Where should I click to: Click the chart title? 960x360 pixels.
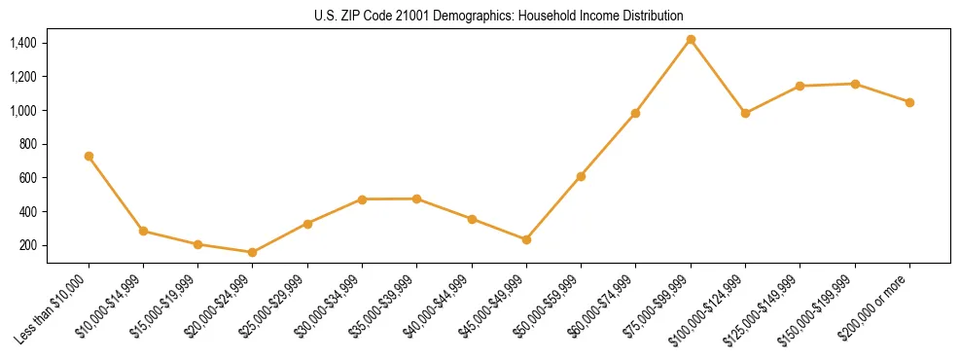click(498, 16)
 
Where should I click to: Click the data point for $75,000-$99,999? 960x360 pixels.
click(691, 40)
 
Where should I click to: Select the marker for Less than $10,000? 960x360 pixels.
click(89, 156)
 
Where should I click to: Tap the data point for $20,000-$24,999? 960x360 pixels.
click(253, 252)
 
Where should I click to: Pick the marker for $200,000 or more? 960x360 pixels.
click(909, 102)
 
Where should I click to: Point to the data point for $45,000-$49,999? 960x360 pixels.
click(526, 239)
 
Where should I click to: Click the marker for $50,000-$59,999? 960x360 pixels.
click(581, 176)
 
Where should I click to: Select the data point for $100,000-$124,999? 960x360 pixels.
click(745, 113)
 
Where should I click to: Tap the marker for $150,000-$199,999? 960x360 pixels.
click(855, 84)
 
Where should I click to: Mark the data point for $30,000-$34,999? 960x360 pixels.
click(362, 199)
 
